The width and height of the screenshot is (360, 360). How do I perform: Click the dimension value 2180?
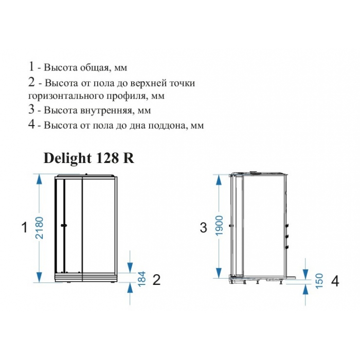(x=40, y=228)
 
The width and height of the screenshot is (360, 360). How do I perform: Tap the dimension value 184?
(x=142, y=279)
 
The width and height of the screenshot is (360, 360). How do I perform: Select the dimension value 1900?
(x=220, y=225)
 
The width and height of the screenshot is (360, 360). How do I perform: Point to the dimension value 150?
(x=319, y=281)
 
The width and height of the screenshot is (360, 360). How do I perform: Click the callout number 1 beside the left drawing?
(x=24, y=227)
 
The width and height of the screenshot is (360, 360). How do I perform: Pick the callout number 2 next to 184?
(x=156, y=280)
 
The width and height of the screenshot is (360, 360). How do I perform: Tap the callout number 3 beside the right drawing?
(x=204, y=228)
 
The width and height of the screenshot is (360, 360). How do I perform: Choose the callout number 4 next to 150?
(x=335, y=281)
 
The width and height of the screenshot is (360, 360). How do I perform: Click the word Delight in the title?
(x=67, y=159)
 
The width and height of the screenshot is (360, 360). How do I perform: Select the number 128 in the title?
(x=107, y=158)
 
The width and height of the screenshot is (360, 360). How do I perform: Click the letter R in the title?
(x=129, y=158)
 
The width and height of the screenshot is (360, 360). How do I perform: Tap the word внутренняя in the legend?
(x=106, y=111)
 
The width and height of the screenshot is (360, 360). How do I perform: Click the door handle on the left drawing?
(x=64, y=226)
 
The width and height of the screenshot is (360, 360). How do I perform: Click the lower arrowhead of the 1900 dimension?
(x=219, y=273)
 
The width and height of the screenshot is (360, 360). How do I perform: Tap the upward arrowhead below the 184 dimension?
(x=130, y=287)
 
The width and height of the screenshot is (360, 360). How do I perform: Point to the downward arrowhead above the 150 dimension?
(x=305, y=273)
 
